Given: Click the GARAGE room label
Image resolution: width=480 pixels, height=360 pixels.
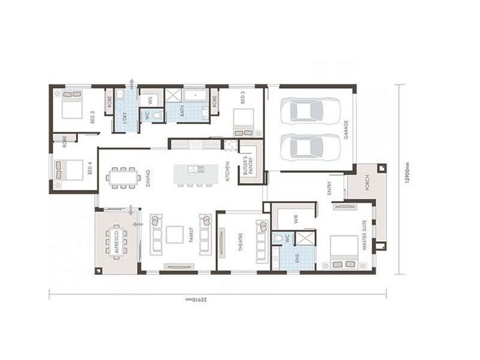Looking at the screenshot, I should tap(346, 130).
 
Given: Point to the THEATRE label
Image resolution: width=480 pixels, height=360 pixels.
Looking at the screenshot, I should tap(240, 243).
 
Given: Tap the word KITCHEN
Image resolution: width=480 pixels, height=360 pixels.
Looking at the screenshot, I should tap(227, 172).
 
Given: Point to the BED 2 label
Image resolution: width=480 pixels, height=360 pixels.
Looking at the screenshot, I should tap(243, 97).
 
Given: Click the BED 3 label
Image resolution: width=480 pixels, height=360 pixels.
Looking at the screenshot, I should tap(92, 119).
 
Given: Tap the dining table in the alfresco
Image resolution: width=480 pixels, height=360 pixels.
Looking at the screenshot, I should tap(116, 241).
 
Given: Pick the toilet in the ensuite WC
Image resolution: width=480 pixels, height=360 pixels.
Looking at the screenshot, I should tap(278, 238).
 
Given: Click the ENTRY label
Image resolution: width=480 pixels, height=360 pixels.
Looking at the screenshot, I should tap(329, 189).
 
